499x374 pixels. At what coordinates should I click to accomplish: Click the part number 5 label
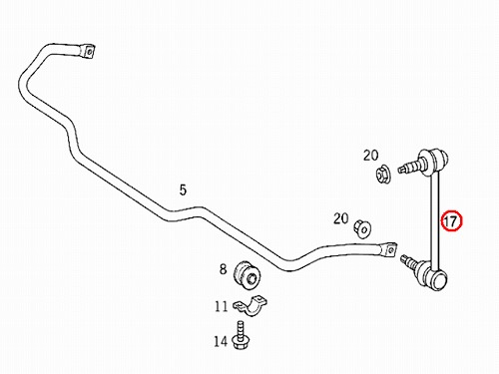[183, 189]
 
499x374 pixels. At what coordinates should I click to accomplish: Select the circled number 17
[451, 221]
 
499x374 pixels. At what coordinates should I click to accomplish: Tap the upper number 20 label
[371, 156]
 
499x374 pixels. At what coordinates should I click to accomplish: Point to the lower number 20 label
[341, 218]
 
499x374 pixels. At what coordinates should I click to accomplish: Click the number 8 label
[223, 268]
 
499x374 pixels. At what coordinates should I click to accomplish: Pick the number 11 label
[222, 306]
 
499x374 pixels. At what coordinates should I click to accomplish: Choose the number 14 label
[221, 341]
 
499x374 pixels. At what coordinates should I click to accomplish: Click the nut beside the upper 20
[383, 174]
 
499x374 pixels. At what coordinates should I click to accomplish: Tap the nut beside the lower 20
[362, 228]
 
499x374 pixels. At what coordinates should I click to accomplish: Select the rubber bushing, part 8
[248, 275]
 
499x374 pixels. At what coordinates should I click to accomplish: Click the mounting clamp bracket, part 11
[250, 305]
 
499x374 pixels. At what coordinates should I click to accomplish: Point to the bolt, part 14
[242, 335]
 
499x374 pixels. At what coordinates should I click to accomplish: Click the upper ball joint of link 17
[434, 162]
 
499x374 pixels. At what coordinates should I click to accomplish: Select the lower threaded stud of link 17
[409, 260]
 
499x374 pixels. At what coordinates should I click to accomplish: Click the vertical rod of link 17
[435, 217]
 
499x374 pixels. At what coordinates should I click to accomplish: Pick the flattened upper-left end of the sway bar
[87, 51]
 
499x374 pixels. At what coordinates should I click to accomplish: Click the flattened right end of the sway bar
[387, 249]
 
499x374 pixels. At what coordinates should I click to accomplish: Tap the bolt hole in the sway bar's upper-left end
[89, 52]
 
